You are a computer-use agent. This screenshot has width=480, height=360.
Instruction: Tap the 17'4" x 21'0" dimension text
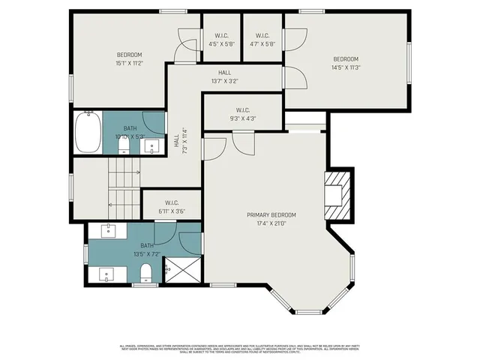tap(271, 223)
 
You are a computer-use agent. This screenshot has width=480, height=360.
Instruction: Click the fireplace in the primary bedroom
tap(336, 195)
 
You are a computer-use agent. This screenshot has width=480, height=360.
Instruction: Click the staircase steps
tap(124, 184)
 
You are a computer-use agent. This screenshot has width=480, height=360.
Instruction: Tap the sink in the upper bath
tap(153, 147)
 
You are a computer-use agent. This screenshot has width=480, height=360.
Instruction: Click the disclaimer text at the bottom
tap(240, 349)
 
